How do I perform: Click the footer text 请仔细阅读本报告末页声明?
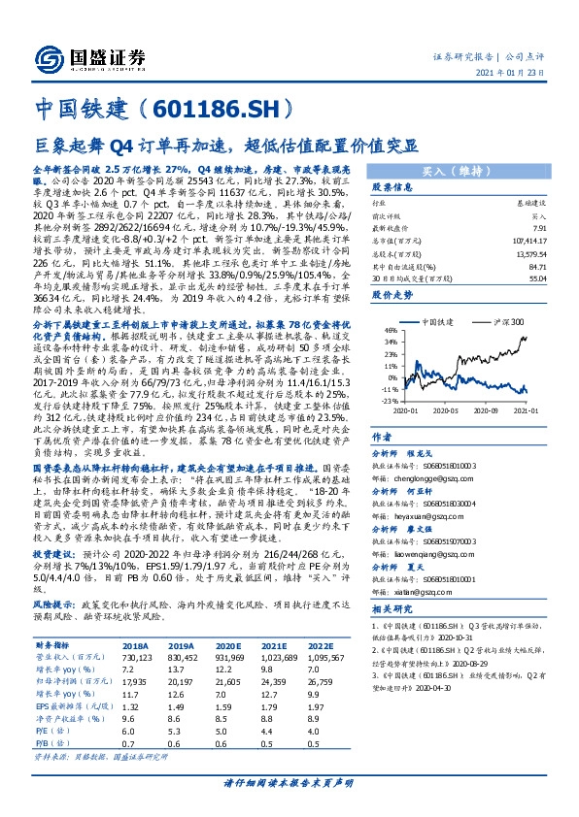pos(289,783)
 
